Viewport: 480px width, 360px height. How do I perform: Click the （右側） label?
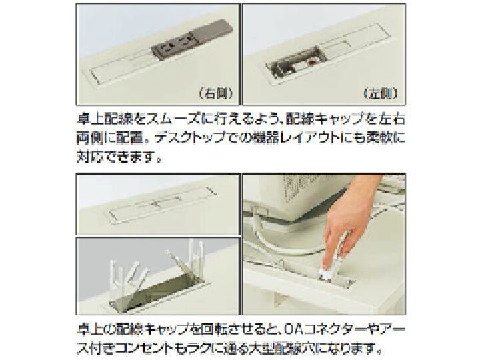tap(216, 93)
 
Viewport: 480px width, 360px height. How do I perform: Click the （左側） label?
tap(381, 93)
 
